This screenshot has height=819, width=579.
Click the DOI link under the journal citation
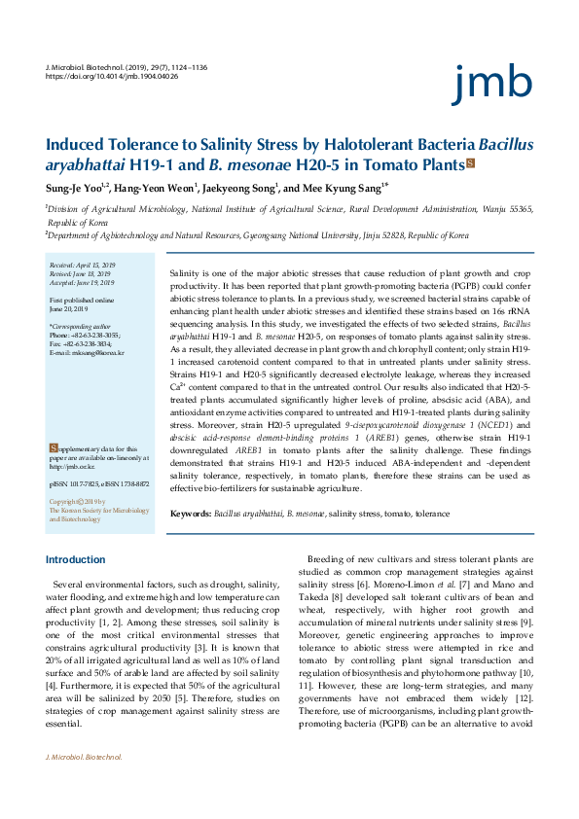click(x=112, y=75)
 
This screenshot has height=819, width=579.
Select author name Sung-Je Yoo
click(x=75, y=187)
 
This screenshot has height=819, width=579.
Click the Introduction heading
click(x=76, y=560)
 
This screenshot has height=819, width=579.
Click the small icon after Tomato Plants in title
click(x=471, y=162)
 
